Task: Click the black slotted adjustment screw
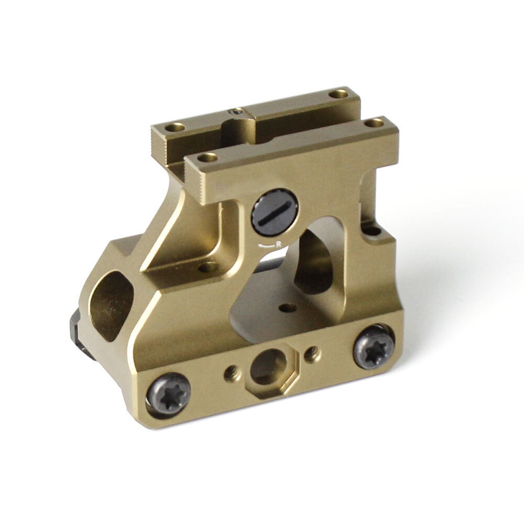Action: coord(275,212)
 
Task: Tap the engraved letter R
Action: coord(279,243)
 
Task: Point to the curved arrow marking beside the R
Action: coord(267,244)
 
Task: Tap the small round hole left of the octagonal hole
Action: coord(231,373)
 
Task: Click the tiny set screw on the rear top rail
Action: coord(237,111)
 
